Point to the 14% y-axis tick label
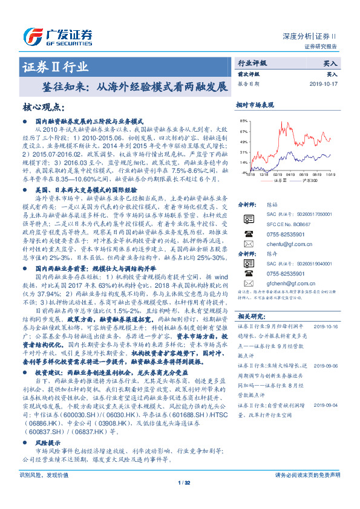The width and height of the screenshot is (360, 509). (x=243, y=163)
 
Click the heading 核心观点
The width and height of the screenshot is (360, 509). (x=43, y=107)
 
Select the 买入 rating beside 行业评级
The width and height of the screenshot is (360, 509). (x=330, y=63)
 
